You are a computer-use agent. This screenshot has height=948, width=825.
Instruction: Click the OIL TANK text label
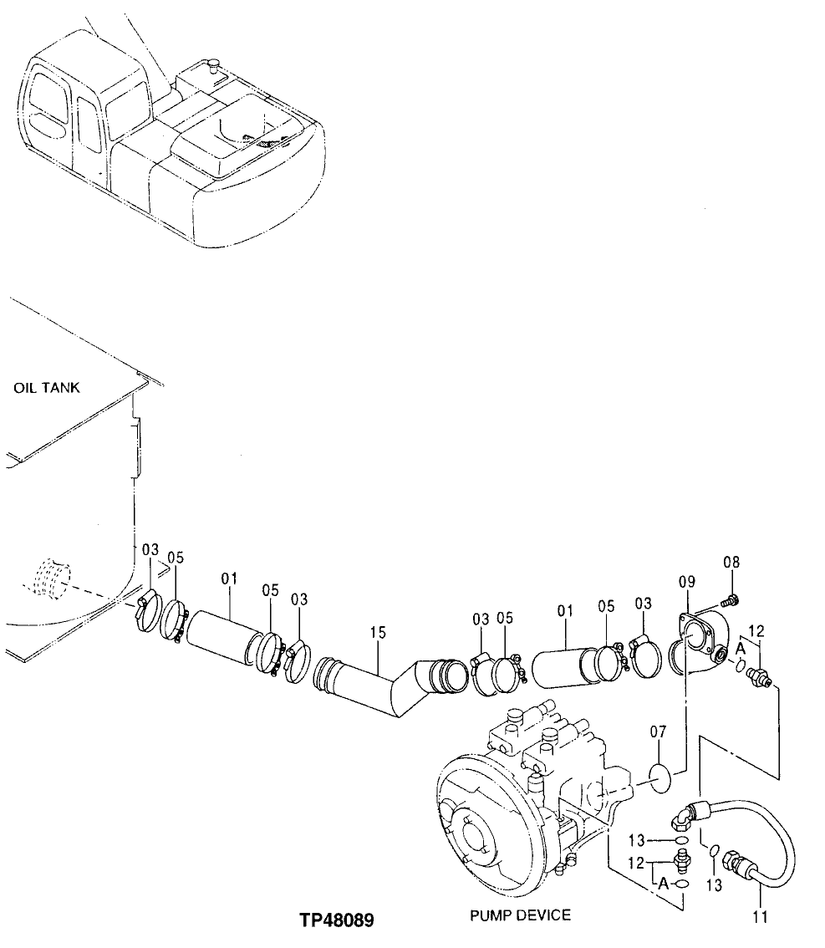[47, 388]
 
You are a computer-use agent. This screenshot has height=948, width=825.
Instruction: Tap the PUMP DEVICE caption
[520, 915]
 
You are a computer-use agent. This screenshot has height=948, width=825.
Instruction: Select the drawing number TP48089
[337, 920]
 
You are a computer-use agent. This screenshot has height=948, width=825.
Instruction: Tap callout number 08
[731, 563]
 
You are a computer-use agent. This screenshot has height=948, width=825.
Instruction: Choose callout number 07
[659, 733]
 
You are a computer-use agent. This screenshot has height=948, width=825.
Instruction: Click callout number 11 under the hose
[759, 917]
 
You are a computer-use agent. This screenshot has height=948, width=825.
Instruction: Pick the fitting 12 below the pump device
[680, 858]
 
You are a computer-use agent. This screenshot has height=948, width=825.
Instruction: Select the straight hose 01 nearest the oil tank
[226, 641]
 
